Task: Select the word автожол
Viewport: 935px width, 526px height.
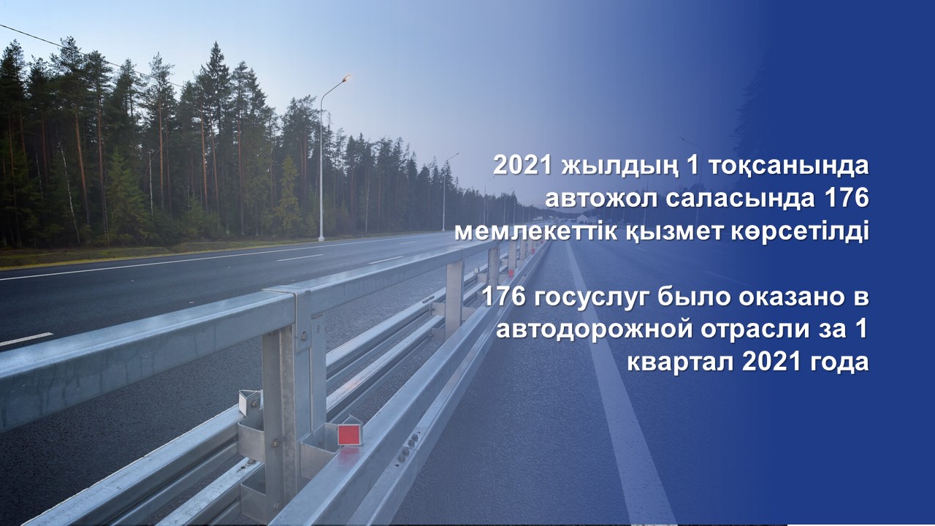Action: pos(598,199)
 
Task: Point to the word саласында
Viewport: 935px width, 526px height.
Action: pos(738,199)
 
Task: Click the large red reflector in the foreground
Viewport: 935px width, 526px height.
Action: pos(348,435)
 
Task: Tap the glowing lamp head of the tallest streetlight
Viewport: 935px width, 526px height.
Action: pos(346,77)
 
